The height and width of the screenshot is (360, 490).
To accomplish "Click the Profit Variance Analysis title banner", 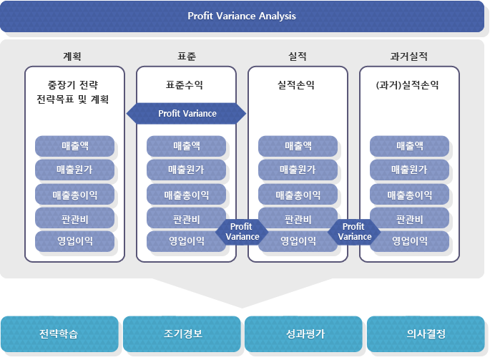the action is coord(242,16).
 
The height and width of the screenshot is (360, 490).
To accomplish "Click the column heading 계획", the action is coord(72,57).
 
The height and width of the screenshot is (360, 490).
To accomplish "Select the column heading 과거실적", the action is coord(408,57).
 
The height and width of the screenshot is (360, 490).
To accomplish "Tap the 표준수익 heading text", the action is coord(185,84).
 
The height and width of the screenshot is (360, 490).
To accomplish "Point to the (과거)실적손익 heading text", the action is coord(408,84).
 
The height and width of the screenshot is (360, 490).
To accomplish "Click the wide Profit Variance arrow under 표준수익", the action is coord(186,114).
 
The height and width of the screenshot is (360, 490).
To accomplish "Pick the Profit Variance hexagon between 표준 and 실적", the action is coord(242,232).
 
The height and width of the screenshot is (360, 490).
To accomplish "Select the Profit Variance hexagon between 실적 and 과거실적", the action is coord(354,232).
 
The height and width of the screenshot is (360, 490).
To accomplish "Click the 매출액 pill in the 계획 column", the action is coord(74,146).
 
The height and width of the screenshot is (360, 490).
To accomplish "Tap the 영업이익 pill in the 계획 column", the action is coord(74,240).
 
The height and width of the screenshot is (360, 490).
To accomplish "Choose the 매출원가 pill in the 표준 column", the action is coord(186,170).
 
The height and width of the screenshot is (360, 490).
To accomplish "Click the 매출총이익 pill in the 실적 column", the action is coord(298,194).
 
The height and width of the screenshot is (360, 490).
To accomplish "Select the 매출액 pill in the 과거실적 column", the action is coord(409,146).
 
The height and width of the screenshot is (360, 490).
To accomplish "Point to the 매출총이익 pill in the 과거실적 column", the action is coord(409,194).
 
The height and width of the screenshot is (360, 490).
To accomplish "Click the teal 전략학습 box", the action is coord(59,334).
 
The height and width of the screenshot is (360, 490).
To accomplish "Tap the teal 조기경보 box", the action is coord(182,334).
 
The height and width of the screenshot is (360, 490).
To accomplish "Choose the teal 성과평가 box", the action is coord(303,334).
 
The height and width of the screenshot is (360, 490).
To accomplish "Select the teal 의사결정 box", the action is coord(426,334).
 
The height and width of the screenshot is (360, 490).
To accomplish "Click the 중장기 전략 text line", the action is coord(73,84).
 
